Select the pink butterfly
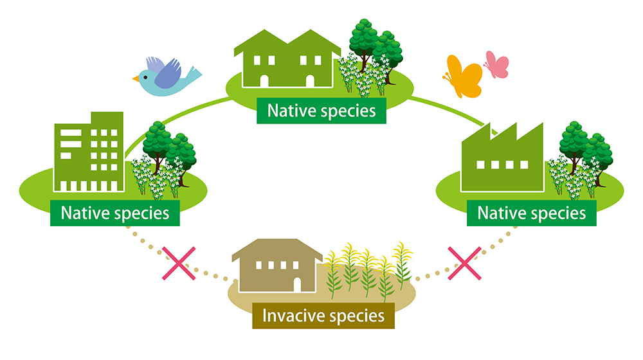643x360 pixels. tap(496, 65)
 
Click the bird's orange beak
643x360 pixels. tap(136, 78)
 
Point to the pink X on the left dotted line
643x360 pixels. tap(179, 263)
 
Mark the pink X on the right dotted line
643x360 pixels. tap(464, 263)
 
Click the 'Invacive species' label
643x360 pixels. tap(323, 316)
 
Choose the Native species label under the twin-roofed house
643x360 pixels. tap(321, 111)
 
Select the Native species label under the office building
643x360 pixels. tap(115, 213)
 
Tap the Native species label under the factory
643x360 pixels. tap(532, 213)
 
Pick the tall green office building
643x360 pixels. tap(89, 152)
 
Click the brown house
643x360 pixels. tap(277, 265)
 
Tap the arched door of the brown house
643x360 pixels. tap(297, 285)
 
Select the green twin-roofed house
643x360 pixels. tap(287, 59)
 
